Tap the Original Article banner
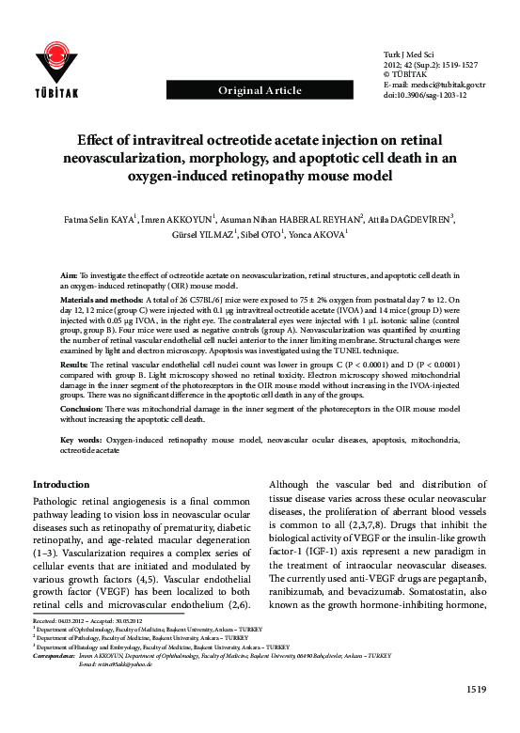[x=260, y=90]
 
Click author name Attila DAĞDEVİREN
[x=415, y=220]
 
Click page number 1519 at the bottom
[x=475, y=717]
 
